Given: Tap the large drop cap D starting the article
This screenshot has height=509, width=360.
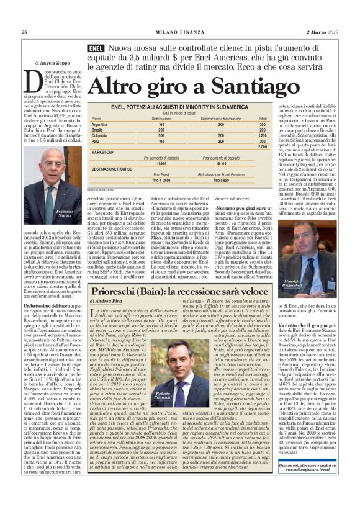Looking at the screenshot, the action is (33, 80).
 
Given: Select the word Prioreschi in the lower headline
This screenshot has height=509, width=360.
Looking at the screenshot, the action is (128, 292).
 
